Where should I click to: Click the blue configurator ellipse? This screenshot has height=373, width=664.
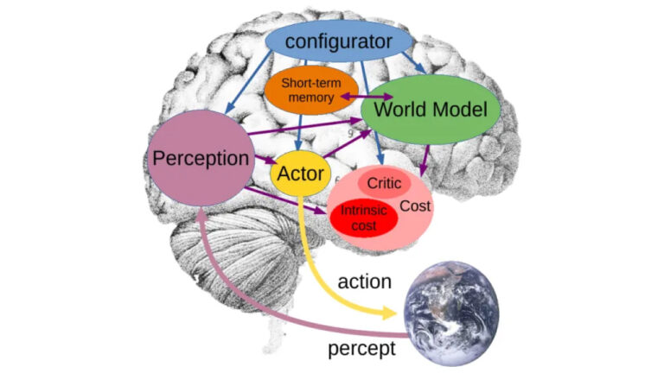pos(338,41)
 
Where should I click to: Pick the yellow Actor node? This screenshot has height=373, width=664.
pos(300,172)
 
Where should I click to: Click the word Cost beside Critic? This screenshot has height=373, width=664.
pos(415,205)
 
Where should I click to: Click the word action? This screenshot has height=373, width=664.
pos(364,282)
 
